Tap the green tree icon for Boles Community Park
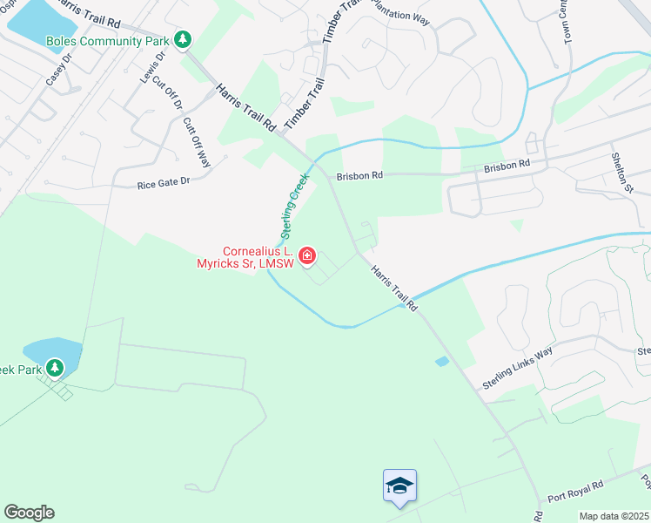point(183,39)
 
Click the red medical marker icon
point(306,256)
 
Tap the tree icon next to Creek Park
point(55,369)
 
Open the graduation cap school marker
point(399,486)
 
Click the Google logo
point(29,513)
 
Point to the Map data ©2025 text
point(614,516)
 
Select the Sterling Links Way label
point(518,368)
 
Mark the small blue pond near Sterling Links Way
point(442,361)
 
